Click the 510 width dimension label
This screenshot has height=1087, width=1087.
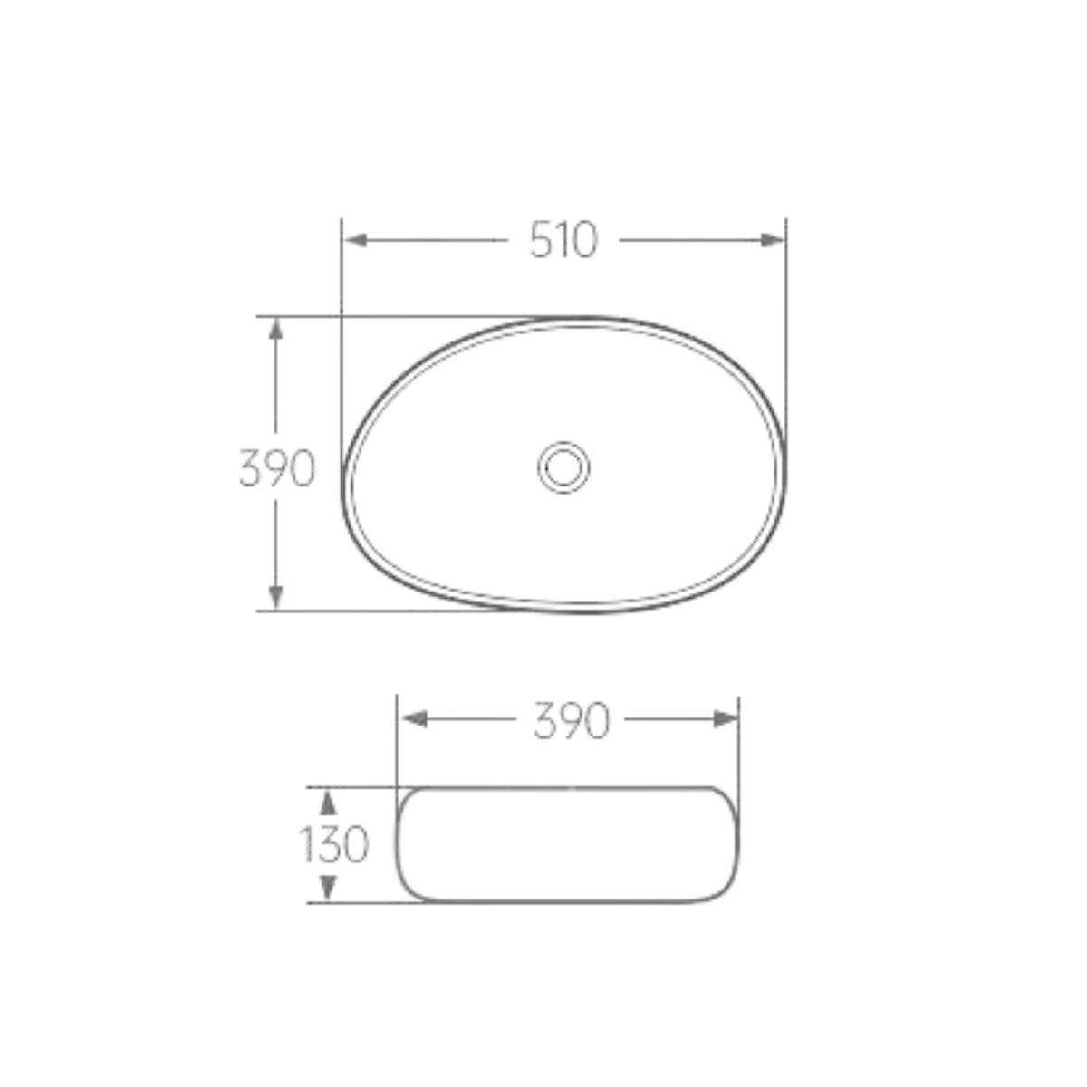pyautogui.click(x=563, y=240)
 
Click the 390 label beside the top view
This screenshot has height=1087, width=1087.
pyautogui.click(x=277, y=467)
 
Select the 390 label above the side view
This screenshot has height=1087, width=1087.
pyautogui.click(x=572, y=720)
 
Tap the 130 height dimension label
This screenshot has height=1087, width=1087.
pyautogui.click(x=333, y=844)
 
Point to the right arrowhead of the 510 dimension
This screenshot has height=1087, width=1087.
pyautogui.click(x=773, y=240)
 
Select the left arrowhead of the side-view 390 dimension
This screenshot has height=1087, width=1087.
pyautogui.click(x=413, y=719)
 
